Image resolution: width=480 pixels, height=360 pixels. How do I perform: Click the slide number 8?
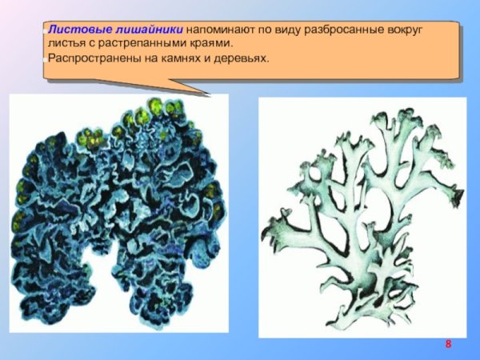tap(448, 344)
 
